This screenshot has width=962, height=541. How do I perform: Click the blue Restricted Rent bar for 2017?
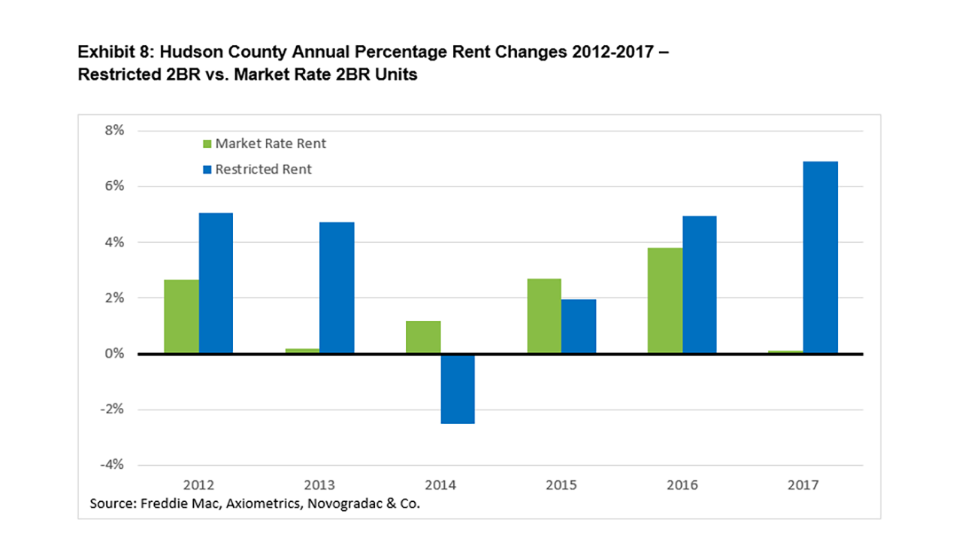[x=820, y=257]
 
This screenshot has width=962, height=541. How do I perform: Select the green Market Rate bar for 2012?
[x=181, y=316]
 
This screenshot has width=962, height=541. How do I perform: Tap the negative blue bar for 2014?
[x=458, y=389]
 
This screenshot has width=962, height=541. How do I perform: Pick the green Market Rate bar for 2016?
[x=665, y=301]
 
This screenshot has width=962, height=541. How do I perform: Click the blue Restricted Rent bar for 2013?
[x=337, y=288]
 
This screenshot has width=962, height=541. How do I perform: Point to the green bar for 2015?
[x=544, y=316]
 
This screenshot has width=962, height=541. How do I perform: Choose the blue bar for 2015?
[x=579, y=326]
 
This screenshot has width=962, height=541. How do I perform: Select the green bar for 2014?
[x=423, y=337]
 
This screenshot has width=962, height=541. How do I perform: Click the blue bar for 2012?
[x=216, y=283]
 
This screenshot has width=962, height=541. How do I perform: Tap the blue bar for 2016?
[x=700, y=285]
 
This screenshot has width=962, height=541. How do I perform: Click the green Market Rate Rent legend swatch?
[x=207, y=144]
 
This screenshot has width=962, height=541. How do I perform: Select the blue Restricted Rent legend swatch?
[x=207, y=170]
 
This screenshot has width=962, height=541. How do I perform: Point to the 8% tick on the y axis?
[x=114, y=130]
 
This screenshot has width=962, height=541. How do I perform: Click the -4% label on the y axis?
[x=112, y=464]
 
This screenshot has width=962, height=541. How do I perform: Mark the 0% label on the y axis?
[x=114, y=353]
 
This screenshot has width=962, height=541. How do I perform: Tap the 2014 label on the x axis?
[x=440, y=485]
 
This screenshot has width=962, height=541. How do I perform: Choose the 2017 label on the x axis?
[x=803, y=485]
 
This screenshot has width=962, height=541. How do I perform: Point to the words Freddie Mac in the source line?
[x=181, y=503]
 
